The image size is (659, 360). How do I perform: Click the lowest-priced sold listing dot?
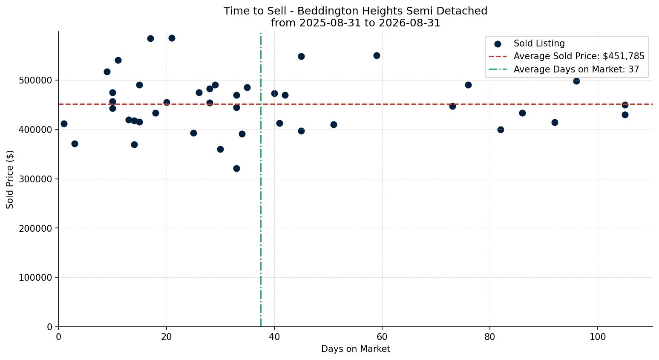click(x=236, y=169)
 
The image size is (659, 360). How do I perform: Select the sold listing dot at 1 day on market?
click(x=64, y=124)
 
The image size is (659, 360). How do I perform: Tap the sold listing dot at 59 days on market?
click(x=377, y=55)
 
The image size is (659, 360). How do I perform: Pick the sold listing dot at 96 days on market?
click(x=577, y=81)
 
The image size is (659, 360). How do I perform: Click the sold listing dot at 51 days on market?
click(x=334, y=125)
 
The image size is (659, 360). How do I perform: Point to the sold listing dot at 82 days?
click(x=501, y=130)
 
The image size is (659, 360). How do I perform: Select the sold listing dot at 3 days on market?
click(x=75, y=144)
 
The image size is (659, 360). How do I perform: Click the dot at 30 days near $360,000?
click(x=220, y=150)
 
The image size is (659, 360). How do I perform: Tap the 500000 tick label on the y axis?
click(x=35, y=81)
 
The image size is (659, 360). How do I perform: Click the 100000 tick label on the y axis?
click(x=35, y=278)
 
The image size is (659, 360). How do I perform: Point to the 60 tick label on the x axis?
click(x=382, y=337)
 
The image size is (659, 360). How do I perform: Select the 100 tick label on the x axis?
click(x=598, y=337)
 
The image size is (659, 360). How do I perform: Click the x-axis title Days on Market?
click(x=356, y=349)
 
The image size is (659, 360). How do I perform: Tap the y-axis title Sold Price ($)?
click(x=10, y=179)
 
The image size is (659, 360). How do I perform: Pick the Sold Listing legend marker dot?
click(x=498, y=44)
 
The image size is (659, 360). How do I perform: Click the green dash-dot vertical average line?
click(x=261, y=179)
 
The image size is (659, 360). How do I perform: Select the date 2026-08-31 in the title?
click(x=409, y=23)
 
